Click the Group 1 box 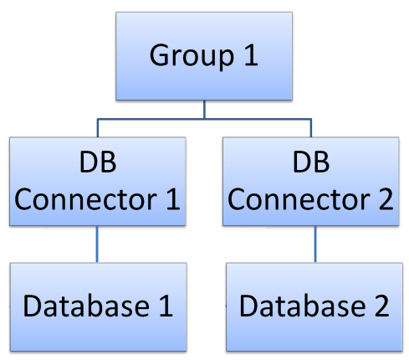click(204, 55)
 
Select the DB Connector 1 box click(98, 182)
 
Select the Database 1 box click(98, 306)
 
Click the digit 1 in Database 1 click(163, 306)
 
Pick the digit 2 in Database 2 click(380, 306)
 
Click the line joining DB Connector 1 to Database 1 click(98, 244)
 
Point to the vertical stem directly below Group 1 click(204, 110)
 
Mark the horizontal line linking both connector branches click(151, 120)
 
